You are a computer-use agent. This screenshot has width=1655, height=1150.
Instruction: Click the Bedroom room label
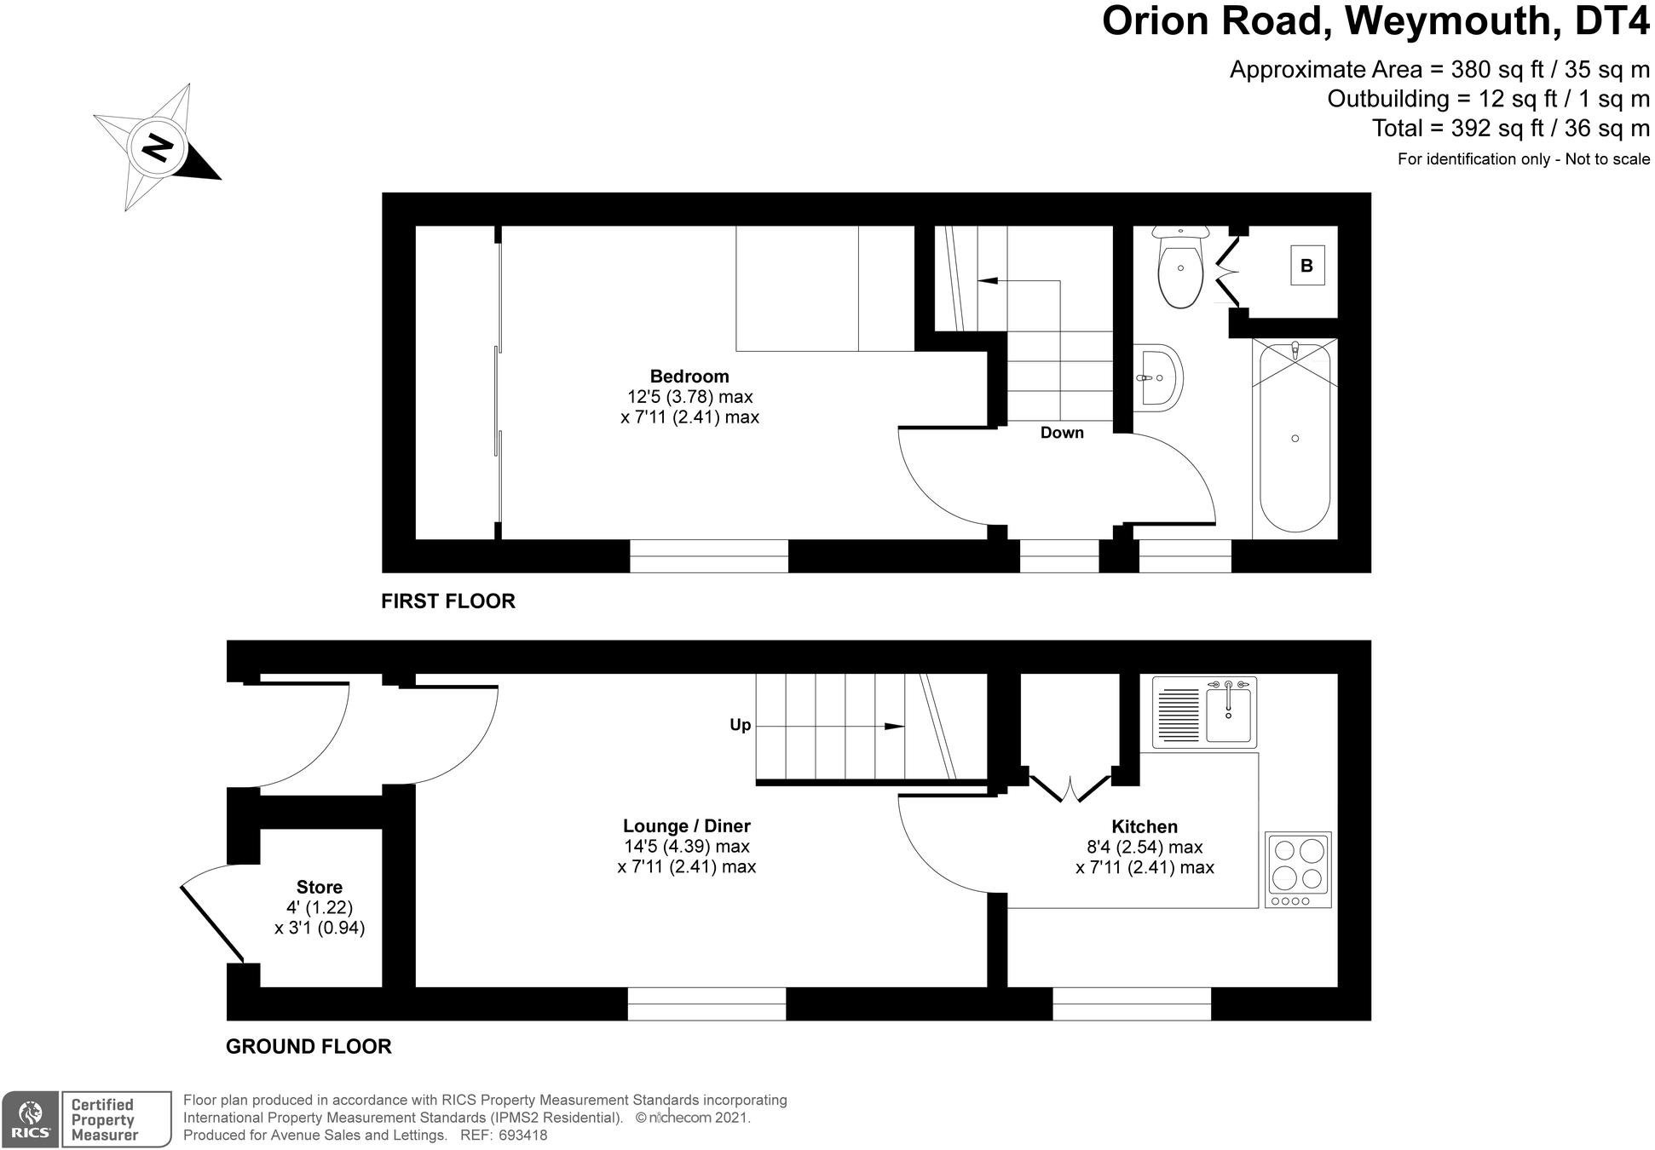pyautogui.click(x=689, y=376)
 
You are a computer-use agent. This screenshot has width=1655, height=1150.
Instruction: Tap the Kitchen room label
pyautogui.click(x=1145, y=826)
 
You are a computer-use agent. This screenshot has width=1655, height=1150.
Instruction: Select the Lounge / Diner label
pyautogui.click(x=686, y=825)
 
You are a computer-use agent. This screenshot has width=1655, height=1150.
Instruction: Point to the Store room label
pyautogui.click(x=320, y=887)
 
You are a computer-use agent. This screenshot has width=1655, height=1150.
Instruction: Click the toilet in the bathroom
pyautogui.click(x=1180, y=267)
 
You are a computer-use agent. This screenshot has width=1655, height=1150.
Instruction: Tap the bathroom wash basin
pyautogui.click(x=1158, y=377)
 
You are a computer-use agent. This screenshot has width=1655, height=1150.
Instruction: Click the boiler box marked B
pyautogui.click(x=1306, y=266)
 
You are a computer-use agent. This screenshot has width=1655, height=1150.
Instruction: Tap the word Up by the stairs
pyautogui.click(x=740, y=725)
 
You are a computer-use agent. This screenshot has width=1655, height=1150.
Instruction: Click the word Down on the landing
pyautogui.click(x=1062, y=433)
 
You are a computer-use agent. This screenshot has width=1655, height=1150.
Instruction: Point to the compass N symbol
pyautogui.click(x=157, y=148)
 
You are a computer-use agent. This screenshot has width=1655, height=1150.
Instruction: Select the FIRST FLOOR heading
pyautogui.click(x=448, y=601)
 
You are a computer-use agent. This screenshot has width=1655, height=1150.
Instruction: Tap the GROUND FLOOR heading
pyautogui.click(x=309, y=1046)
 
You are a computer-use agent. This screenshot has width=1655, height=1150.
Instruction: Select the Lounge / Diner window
pyautogui.click(x=706, y=1003)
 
